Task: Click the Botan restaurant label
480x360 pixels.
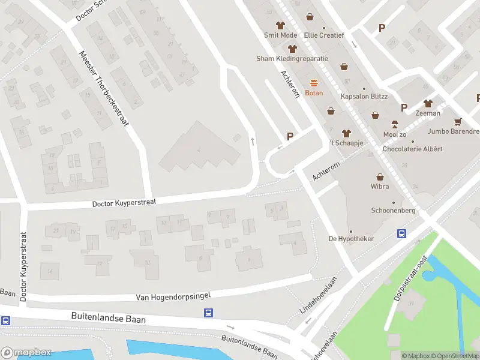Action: click(x=314, y=93)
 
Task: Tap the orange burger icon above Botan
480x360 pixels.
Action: click(x=314, y=83)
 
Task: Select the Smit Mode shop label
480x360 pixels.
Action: click(x=280, y=35)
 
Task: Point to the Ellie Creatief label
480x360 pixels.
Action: click(x=324, y=35)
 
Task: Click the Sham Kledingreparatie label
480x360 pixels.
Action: click(x=292, y=59)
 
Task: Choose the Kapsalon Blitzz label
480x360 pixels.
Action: click(x=364, y=97)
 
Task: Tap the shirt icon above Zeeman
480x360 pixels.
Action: click(x=428, y=104)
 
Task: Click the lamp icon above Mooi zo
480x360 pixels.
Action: click(x=395, y=124)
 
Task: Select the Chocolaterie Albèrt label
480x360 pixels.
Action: click(x=412, y=148)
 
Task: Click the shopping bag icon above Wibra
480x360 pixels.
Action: click(x=380, y=177)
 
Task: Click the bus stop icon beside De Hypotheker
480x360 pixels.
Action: click(x=401, y=234)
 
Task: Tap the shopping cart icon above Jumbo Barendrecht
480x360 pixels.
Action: click(x=458, y=121)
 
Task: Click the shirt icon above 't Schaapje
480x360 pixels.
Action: click(x=346, y=133)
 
